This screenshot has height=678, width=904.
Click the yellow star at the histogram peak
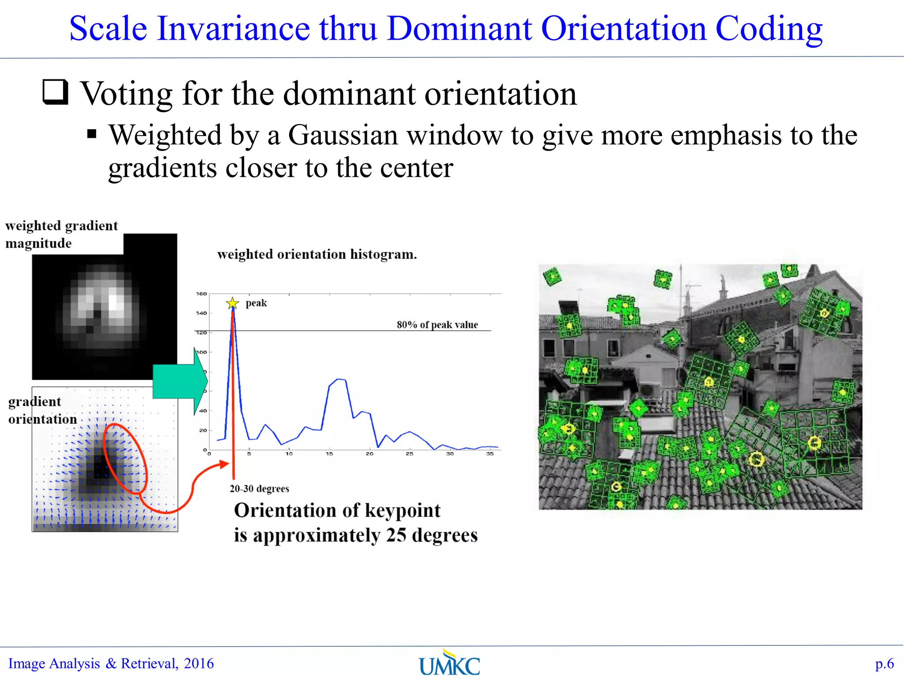coord(232,303)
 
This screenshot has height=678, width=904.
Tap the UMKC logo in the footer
coord(449,663)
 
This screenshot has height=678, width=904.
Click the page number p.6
coord(884,663)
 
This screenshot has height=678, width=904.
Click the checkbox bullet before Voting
coord(56,92)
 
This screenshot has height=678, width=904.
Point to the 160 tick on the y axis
coord(201,294)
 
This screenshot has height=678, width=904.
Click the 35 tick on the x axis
coord(490,454)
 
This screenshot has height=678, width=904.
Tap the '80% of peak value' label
coord(437,325)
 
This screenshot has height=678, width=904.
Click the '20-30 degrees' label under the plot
coord(259,489)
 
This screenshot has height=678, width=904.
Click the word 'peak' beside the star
coord(256,303)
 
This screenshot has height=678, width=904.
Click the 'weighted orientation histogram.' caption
coord(317,254)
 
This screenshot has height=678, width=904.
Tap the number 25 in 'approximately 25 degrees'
coord(396,535)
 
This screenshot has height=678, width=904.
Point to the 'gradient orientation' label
coord(42,410)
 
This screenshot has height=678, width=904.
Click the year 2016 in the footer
coord(199,663)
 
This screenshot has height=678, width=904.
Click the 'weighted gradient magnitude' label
coord(61,234)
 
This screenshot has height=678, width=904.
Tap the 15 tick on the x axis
coord(329,454)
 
